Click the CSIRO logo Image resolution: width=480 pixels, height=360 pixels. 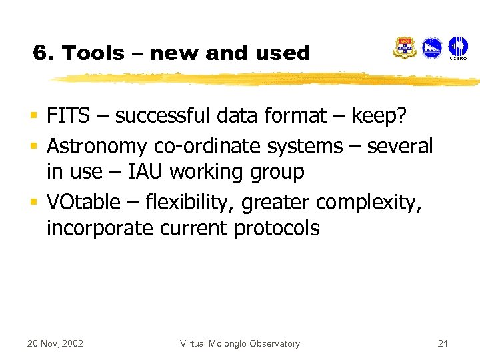tap(457, 49)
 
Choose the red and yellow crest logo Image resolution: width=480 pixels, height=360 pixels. tap(405, 48)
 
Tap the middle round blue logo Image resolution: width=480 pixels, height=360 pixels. tap(432, 48)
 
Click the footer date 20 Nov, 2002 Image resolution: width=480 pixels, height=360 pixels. tap(55, 343)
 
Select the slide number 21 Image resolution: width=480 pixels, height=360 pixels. tap(442, 343)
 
